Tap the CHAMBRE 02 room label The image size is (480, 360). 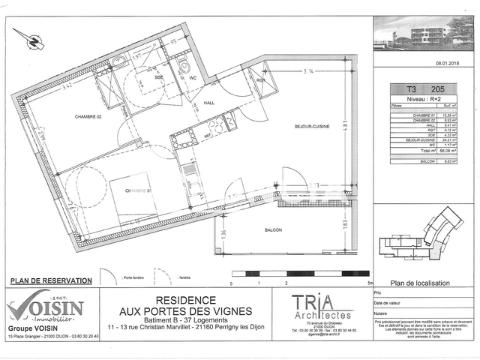[88, 117]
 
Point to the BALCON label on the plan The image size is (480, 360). [272, 230]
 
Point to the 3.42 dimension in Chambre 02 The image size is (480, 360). [67, 85]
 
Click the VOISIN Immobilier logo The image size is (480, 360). [45, 307]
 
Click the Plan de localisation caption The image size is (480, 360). [421, 283]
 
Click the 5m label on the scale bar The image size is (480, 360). [370, 284]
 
